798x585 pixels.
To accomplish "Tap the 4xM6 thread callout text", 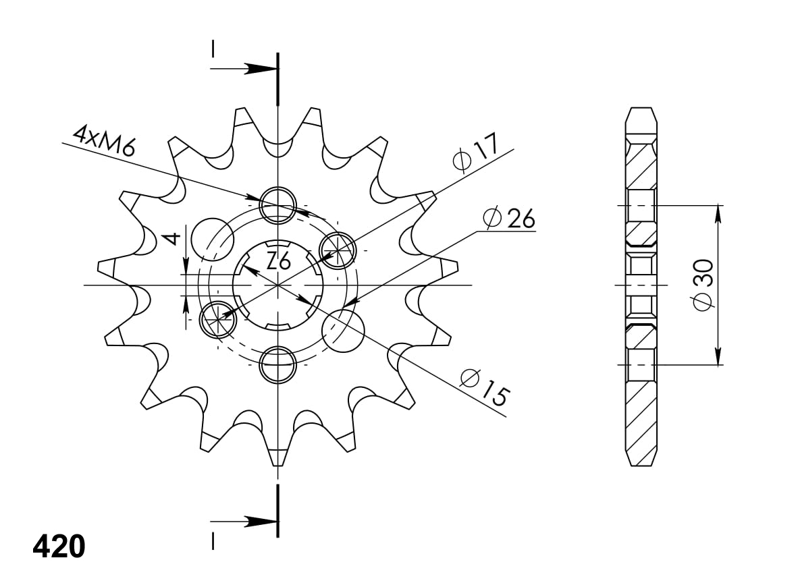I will [x=105, y=141].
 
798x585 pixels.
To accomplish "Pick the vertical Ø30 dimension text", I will [x=703, y=284].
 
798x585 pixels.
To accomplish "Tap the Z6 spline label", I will [x=278, y=260].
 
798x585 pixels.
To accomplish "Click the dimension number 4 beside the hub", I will [x=174, y=238].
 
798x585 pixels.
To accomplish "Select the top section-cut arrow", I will [x=257, y=68].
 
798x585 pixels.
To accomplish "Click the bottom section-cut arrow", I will [x=257, y=522].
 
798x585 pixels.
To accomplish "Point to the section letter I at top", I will [x=213, y=49].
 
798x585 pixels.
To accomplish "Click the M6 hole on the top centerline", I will [x=278, y=204].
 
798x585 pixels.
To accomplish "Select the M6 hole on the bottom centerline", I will [x=278, y=364].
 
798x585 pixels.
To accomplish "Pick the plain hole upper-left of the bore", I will [x=212, y=239].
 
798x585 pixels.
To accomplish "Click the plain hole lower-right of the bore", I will [x=343, y=330].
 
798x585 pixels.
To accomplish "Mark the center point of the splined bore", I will [x=277, y=285].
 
